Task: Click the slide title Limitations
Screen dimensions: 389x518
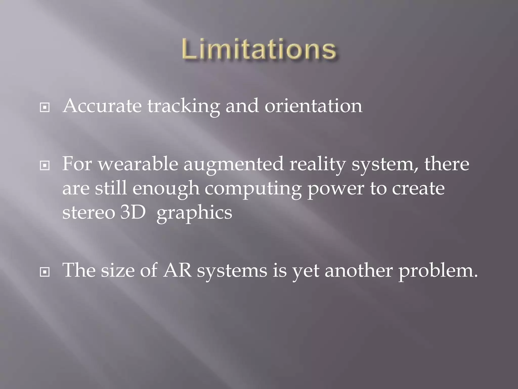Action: coord(259,49)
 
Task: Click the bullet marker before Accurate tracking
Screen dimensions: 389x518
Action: coord(45,108)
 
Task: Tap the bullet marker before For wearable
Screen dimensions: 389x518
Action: coord(45,166)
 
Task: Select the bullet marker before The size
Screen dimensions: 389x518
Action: coord(45,272)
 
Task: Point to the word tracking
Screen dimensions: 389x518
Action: coord(184,106)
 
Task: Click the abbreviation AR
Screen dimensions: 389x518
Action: coord(177,270)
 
